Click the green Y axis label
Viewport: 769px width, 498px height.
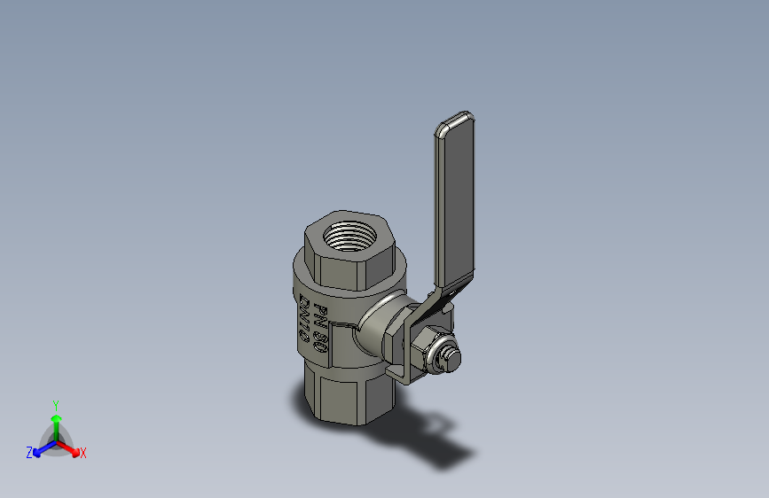click(x=55, y=404)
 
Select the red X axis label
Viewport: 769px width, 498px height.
click(x=83, y=453)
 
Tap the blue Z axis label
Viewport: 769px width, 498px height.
click(x=29, y=453)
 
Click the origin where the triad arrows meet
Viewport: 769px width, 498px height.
click(x=56, y=440)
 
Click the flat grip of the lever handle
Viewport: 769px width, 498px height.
click(x=454, y=204)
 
